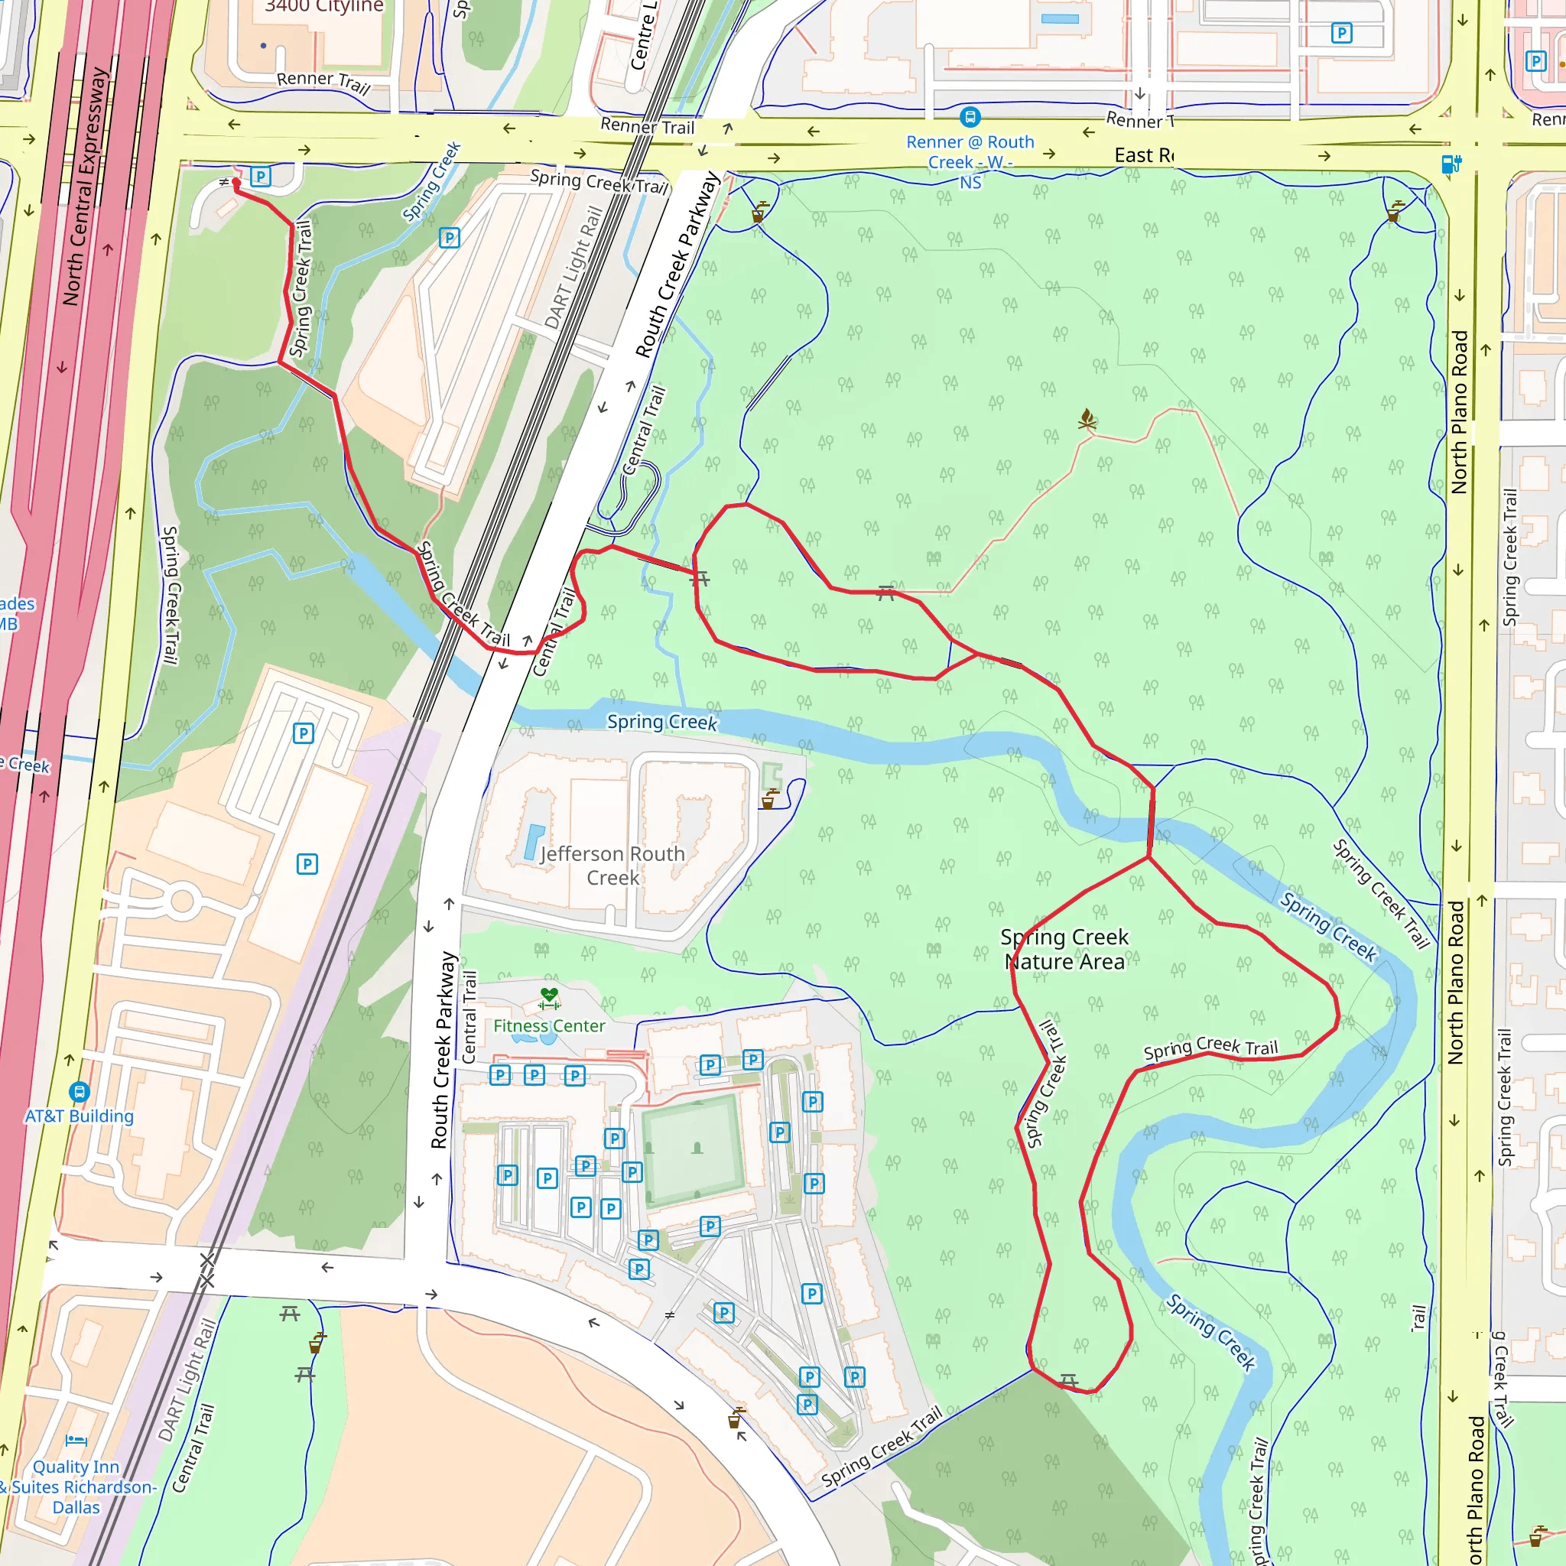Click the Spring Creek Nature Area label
click(1064, 949)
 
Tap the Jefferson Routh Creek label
click(612, 866)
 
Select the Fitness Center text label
click(549, 1025)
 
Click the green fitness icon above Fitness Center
click(550, 998)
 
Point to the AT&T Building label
click(79, 1116)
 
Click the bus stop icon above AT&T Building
click(79, 1091)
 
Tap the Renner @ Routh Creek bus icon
click(970, 117)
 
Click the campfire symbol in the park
click(1087, 419)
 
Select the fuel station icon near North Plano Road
click(1451, 164)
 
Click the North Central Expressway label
click(85, 187)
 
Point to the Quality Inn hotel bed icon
click(76, 1441)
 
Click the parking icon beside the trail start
click(260, 176)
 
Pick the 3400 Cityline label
click(324, 6)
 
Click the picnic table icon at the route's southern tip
click(1068, 1379)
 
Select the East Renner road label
click(1144, 154)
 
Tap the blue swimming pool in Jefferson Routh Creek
click(534, 841)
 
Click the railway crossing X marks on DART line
click(207, 1270)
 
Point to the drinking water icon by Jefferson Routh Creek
click(768, 800)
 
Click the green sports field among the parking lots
click(691, 1148)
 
